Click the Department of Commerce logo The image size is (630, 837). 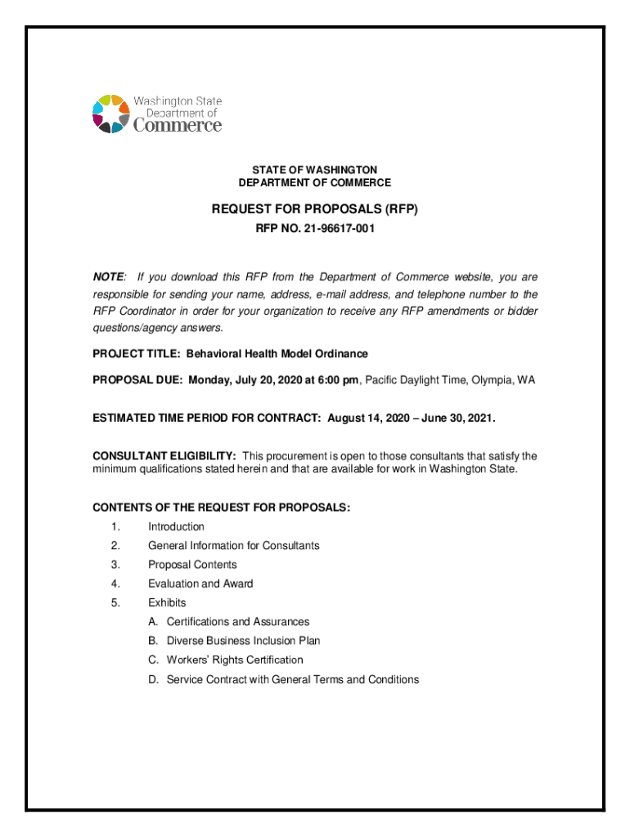156,114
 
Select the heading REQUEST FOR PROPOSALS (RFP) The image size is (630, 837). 314,209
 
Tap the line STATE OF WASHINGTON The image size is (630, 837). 314,169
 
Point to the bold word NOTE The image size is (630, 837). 109,278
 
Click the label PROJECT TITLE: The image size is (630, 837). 137,354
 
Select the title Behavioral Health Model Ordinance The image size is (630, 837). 277,354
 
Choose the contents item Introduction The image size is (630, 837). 176,527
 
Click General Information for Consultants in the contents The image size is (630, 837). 233,546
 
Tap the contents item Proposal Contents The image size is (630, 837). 192,565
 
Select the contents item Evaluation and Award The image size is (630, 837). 200,584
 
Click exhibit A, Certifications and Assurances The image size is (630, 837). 237,622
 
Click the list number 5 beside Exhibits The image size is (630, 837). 116,603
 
